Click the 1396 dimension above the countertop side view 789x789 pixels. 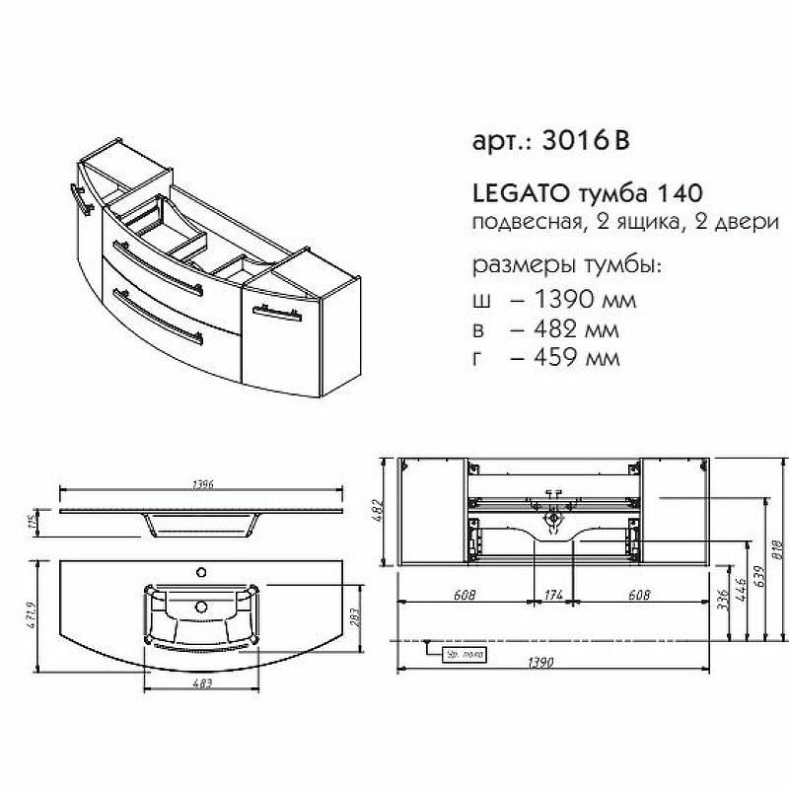pos(201,484)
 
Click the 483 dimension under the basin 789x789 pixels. pos(203,684)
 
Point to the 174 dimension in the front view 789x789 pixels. pos(553,595)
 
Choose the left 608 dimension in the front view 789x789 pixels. pos(465,595)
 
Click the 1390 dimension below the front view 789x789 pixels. pos(553,663)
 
